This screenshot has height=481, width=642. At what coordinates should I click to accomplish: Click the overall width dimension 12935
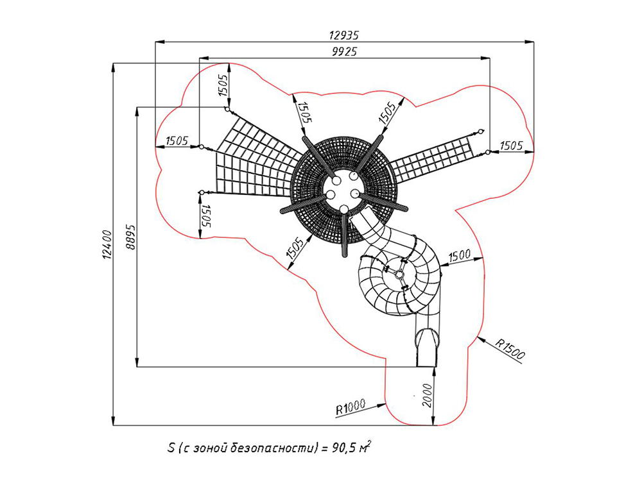345,35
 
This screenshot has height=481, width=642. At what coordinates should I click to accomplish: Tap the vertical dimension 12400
106,245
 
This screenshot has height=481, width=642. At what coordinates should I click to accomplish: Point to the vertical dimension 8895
130,237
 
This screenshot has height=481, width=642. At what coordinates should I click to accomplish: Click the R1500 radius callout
510,350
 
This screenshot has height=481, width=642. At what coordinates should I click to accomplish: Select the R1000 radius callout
350,405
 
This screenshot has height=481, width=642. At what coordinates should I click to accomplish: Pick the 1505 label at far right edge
511,146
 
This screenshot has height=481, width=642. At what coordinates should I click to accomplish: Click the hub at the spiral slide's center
400,274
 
